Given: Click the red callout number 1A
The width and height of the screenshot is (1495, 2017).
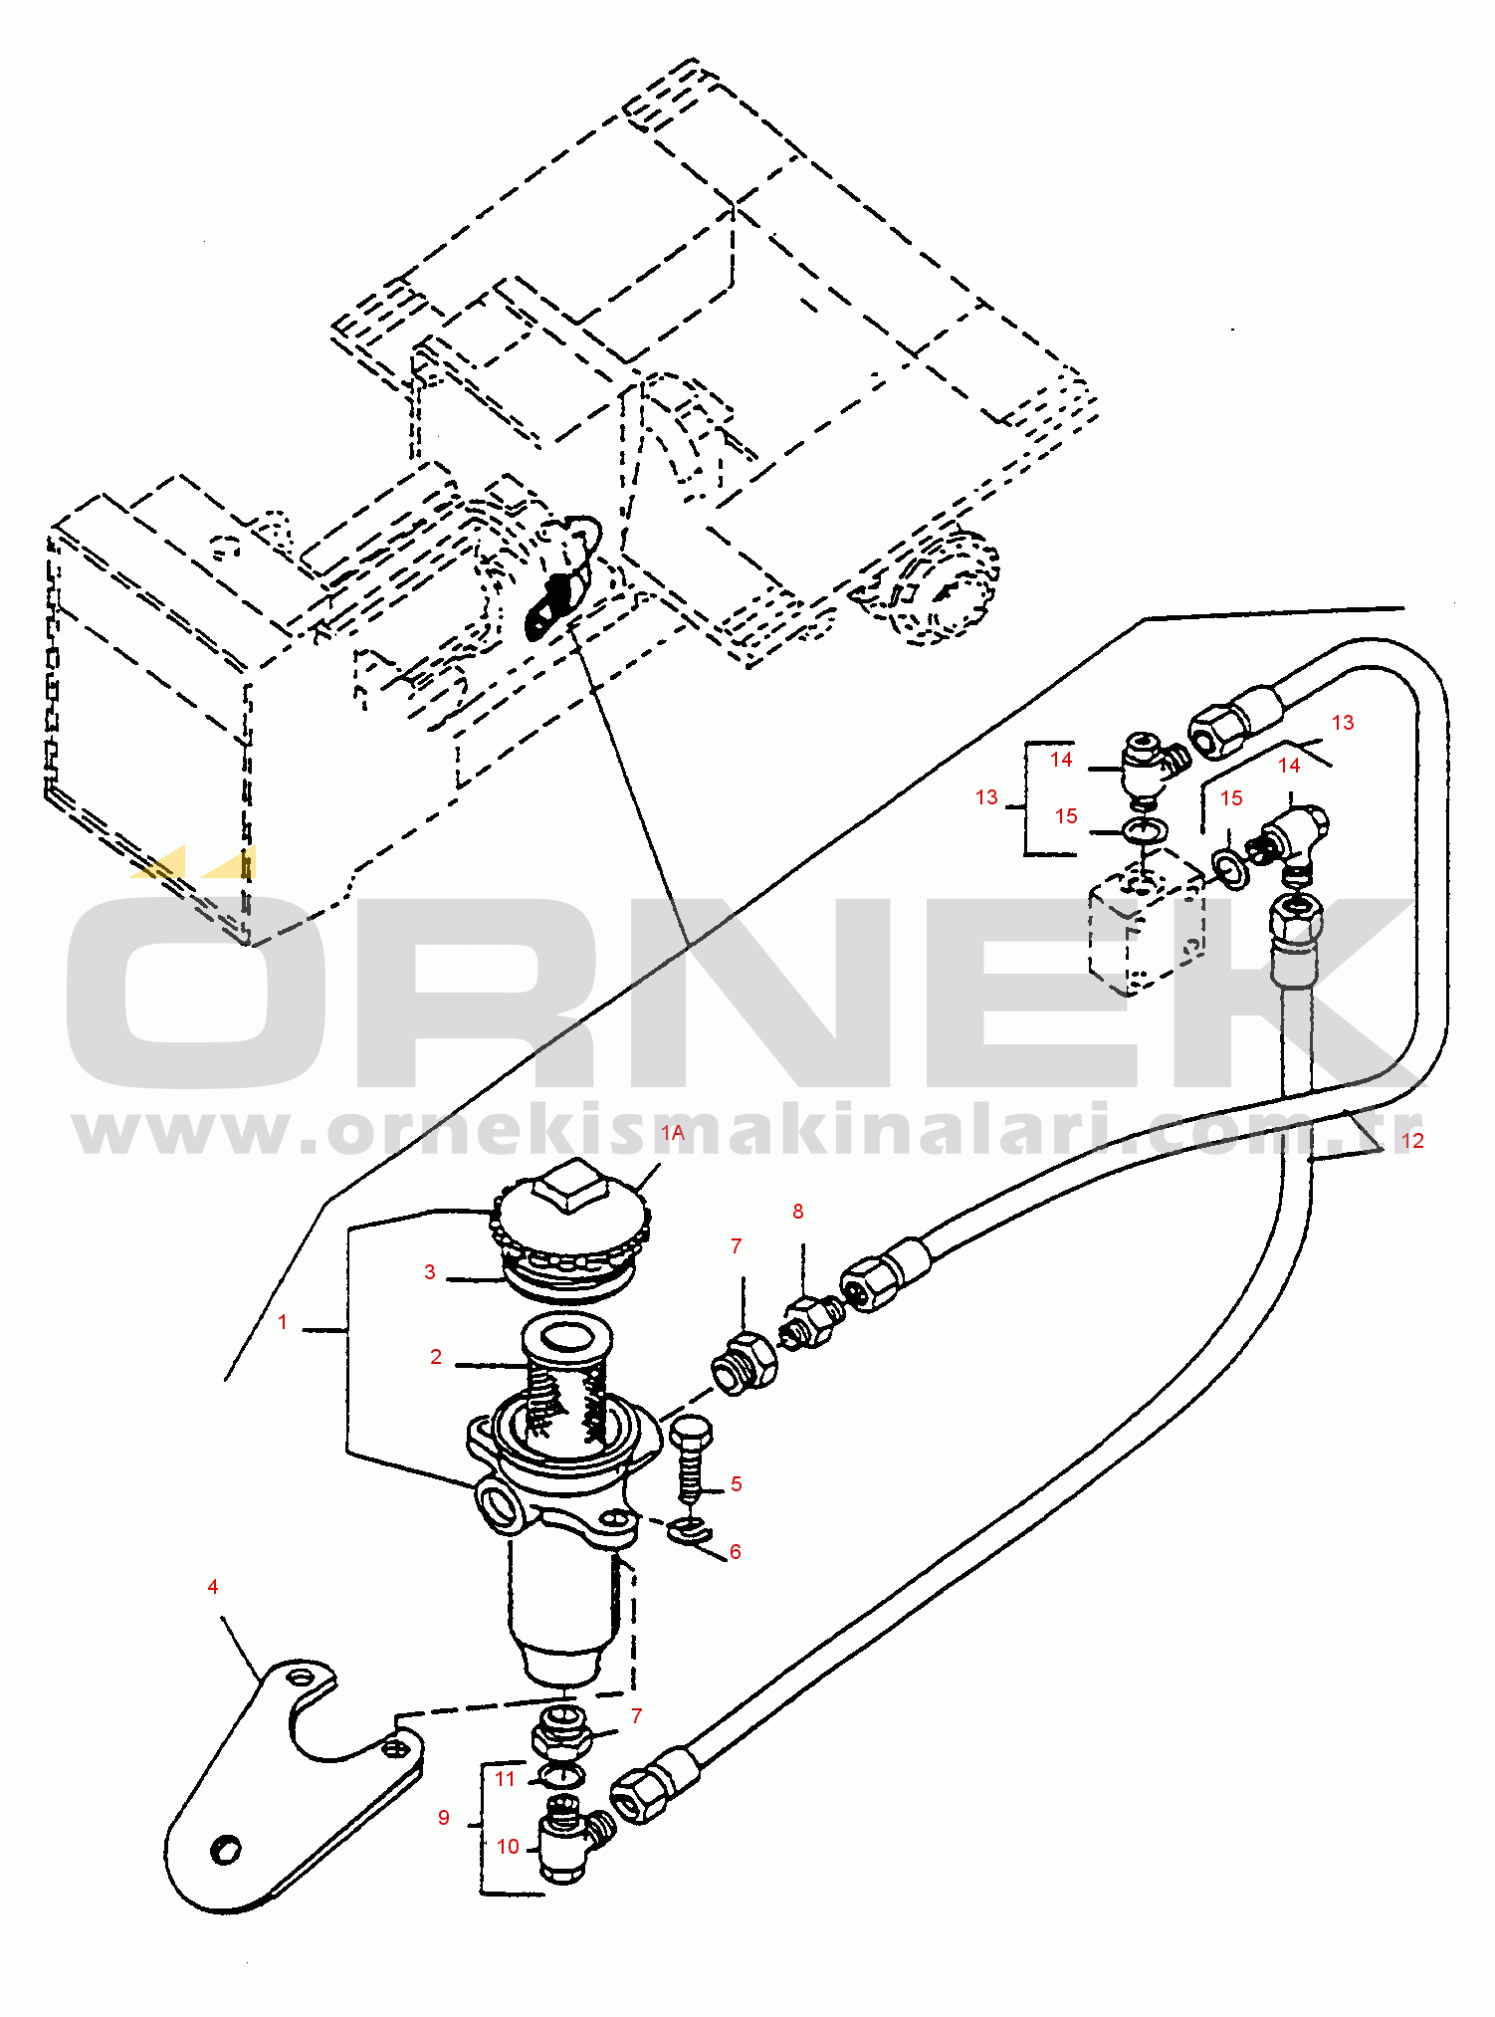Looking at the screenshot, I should [673, 1133].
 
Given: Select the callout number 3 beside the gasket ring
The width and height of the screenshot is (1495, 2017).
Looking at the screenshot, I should [430, 1271].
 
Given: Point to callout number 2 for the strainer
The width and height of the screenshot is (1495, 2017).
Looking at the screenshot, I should [436, 1356].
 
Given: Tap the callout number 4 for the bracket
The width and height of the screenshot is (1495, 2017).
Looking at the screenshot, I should [213, 1586].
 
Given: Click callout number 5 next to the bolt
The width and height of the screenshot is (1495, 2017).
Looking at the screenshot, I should [737, 1483].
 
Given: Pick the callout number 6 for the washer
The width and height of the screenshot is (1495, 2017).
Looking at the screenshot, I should [736, 1551].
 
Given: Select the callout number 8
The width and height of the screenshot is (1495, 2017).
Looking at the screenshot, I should [797, 1211].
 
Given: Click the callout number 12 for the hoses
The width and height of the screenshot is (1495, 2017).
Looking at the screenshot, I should [1412, 1140].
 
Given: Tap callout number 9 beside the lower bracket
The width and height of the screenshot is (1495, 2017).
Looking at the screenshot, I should [444, 1817].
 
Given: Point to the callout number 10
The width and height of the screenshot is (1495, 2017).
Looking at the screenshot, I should [509, 1846].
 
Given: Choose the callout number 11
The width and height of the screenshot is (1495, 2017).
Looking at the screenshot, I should [506, 1778].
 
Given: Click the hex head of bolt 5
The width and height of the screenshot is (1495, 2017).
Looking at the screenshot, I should [690, 1435].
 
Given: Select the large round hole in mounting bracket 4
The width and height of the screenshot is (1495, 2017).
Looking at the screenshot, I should [226, 1848].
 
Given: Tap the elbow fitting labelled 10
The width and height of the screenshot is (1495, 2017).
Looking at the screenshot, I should [567, 1847].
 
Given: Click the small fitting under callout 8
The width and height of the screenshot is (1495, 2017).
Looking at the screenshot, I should [814, 1321].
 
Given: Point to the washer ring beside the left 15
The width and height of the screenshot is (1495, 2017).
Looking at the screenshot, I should [1145, 828].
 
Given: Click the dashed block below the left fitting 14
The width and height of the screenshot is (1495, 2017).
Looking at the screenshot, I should [1145, 926].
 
